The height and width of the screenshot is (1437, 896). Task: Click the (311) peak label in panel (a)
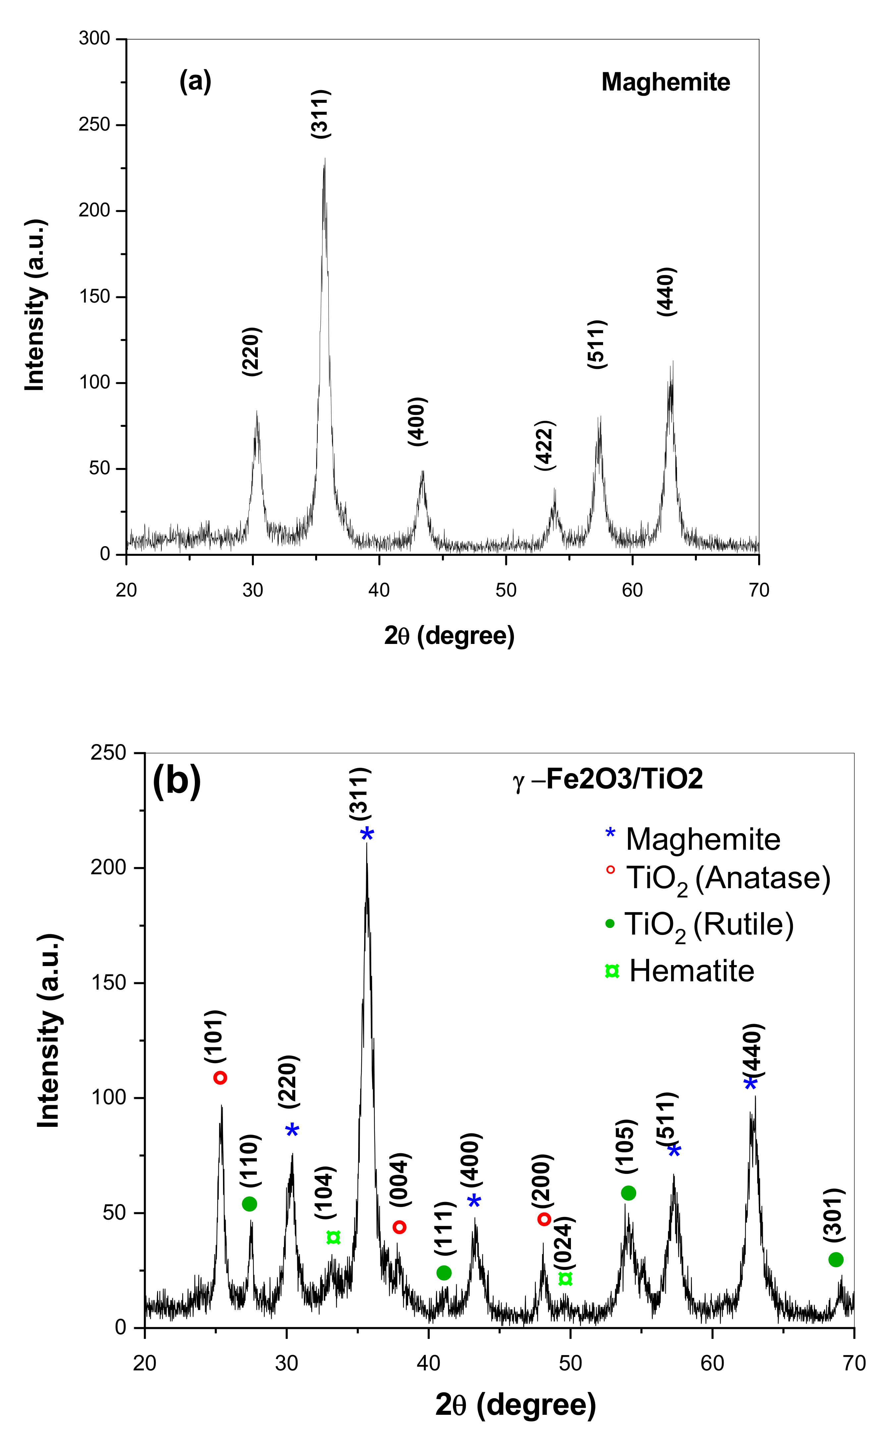pyautogui.click(x=321, y=114)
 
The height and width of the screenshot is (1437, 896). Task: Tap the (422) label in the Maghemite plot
pyautogui.click(x=545, y=446)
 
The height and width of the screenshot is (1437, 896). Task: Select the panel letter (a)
pyautogui.click(x=196, y=81)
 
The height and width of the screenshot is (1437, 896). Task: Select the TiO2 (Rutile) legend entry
pyautogui.click(x=699, y=924)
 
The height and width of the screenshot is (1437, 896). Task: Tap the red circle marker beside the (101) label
pyautogui.click(x=220, y=1078)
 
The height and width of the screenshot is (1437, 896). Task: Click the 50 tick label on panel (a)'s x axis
pyautogui.click(x=505, y=590)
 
